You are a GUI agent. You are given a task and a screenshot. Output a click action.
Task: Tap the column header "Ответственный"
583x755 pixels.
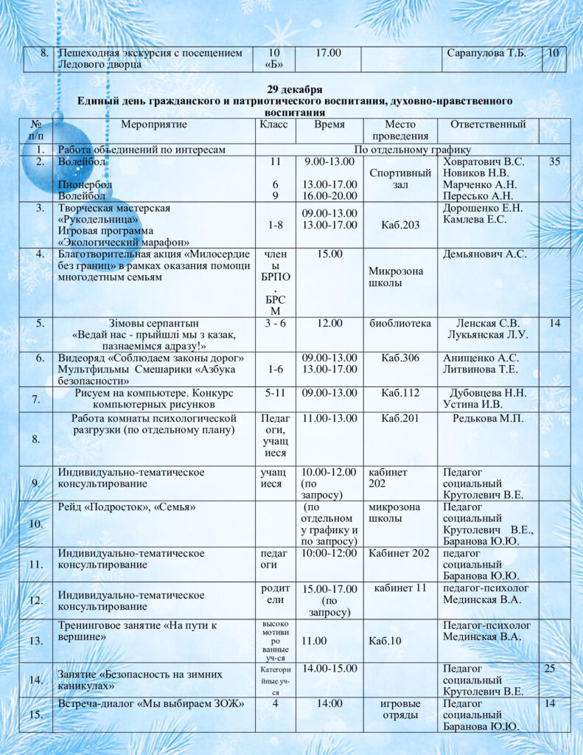coord(488,125)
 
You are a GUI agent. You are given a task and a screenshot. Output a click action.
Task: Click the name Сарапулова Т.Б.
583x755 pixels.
coord(486,53)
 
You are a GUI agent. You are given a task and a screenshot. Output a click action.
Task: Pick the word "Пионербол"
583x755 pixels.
coord(82,184)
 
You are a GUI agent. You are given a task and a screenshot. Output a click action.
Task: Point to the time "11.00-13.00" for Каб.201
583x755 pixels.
coord(329,419)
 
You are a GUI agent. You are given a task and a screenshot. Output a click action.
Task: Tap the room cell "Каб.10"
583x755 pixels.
coord(385,641)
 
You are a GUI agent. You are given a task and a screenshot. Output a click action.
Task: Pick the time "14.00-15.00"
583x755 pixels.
coord(329,668)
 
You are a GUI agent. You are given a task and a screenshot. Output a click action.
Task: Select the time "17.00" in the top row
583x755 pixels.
coord(328,53)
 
